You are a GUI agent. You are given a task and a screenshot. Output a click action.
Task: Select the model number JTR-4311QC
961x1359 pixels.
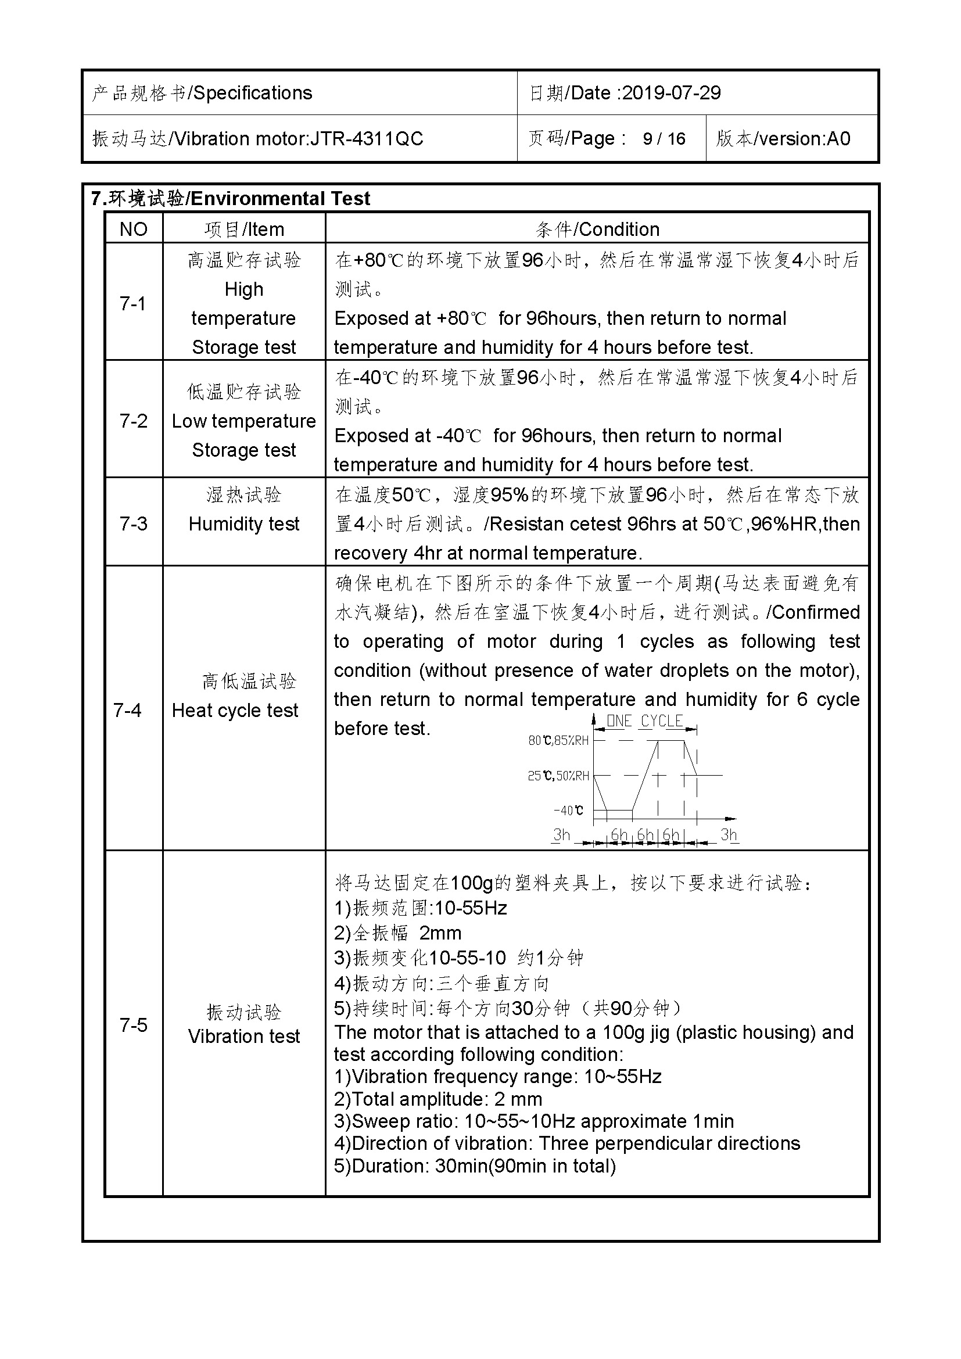[x=367, y=138]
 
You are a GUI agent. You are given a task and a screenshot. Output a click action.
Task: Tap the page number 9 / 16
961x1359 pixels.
[x=664, y=138]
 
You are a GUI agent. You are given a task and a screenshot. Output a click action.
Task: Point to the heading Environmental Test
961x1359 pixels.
[x=280, y=198]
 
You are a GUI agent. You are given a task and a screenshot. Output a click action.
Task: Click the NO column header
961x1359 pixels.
[x=133, y=229]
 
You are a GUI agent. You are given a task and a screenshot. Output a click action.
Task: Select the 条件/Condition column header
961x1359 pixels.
[x=597, y=229]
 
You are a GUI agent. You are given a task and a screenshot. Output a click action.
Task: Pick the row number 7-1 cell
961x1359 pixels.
[x=132, y=303]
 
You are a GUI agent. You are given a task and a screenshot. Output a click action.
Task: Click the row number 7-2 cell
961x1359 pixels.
[x=133, y=420]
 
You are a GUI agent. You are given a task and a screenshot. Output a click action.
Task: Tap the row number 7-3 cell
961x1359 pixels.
[x=133, y=523]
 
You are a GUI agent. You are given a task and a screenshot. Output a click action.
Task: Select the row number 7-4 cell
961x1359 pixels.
[x=127, y=709]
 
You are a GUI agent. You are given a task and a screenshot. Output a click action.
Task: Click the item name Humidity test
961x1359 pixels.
[x=244, y=524]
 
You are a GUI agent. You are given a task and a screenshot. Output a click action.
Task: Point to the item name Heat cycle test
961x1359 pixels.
[x=235, y=710]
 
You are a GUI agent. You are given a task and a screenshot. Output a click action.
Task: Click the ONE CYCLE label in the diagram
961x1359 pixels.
[x=645, y=721]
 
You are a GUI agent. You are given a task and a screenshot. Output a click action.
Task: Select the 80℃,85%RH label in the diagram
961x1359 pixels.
[x=558, y=740]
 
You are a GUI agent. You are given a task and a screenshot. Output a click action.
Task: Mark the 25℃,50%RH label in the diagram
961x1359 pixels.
[x=558, y=776]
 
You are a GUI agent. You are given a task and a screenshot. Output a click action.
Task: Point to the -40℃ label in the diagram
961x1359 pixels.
[x=568, y=811]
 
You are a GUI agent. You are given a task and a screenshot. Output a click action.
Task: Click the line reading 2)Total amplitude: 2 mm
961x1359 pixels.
[x=438, y=1099]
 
